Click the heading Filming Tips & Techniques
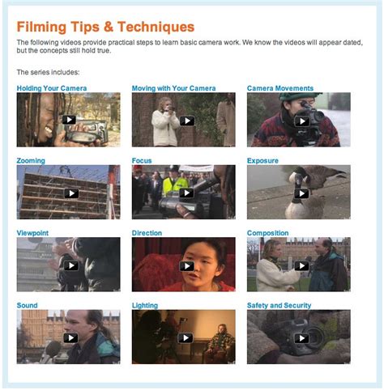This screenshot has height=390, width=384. click(x=105, y=27)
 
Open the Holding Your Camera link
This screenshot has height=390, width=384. click(x=52, y=88)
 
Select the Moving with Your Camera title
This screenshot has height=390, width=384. click(x=173, y=88)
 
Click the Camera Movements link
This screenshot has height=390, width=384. click(x=279, y=88)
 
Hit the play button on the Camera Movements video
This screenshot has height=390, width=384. click(x=301, y=121)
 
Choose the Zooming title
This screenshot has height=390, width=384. click(x=31, y=160)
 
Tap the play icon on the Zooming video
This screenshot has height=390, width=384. click(x=71, y=193)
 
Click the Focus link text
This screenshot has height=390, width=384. click(x=143, y=160)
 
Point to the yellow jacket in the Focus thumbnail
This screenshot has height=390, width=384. click(x=173, y=184)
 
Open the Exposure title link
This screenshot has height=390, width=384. click(x=262, y=160)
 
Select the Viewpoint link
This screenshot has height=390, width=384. click(x=33, y=233)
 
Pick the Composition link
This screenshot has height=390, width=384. click(x=267, y=233)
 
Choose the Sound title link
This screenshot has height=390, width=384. click(x=27, y=305)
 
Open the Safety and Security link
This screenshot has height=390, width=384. click(x=279, y=305)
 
